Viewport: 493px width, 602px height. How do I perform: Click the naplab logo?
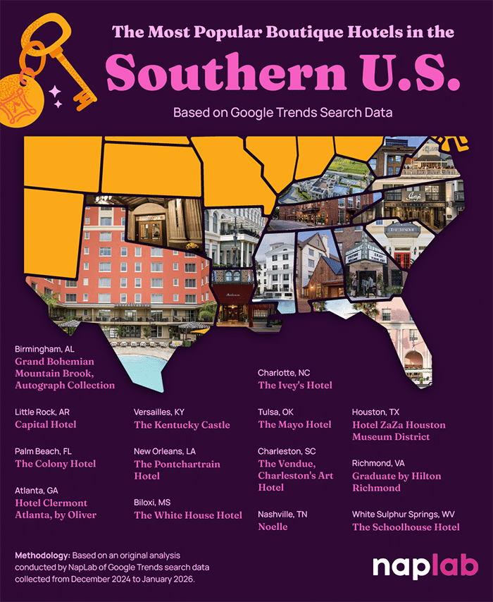pos(425,566)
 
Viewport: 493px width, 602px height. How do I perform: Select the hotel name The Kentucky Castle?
pos(182,425)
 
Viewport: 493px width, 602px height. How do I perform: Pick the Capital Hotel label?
pos(46,425)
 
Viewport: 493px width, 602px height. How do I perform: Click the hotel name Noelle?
pos(273,527)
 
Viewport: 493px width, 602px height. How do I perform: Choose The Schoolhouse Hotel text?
pos(406,527)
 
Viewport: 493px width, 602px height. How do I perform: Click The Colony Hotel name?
pos(56,464)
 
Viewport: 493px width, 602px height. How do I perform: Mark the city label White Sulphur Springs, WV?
pos(401,515)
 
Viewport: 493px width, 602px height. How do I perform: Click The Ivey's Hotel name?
pos(295,386)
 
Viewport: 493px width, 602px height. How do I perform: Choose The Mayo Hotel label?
pos(294,425)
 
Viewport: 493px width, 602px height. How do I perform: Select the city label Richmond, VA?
pos(380,463)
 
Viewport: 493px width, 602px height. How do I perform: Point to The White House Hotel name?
pos(188,515)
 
